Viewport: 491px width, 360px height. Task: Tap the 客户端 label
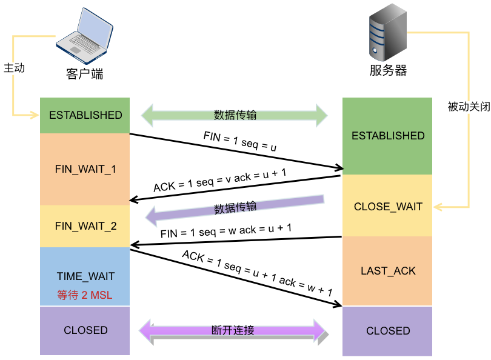pos(84,74)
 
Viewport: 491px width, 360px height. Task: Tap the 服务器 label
pos(388,70)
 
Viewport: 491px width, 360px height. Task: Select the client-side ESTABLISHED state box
pos(85,115)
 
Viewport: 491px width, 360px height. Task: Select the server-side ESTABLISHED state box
pos(387,136)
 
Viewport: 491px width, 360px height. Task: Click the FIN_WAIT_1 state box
pos(85,169)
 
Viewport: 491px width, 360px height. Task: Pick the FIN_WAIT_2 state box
pos(85,226)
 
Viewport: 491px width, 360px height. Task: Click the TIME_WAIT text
pos(85,276)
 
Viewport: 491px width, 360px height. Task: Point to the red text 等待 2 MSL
pos(85,295)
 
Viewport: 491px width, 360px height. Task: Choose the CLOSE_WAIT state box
pos(387,206)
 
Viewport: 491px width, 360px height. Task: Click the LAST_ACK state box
pos(387,270)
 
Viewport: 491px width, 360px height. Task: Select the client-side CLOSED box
pos(85,330)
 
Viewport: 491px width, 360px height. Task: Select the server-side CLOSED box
pos(387,331)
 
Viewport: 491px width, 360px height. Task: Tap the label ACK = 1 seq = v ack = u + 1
pos(220,180)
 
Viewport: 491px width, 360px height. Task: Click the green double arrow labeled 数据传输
pos(234,115)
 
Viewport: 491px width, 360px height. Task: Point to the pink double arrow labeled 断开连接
pos(233,331)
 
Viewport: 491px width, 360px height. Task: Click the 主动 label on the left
pos(14,68)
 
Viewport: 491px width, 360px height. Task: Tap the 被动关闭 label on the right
pos(469,107)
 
